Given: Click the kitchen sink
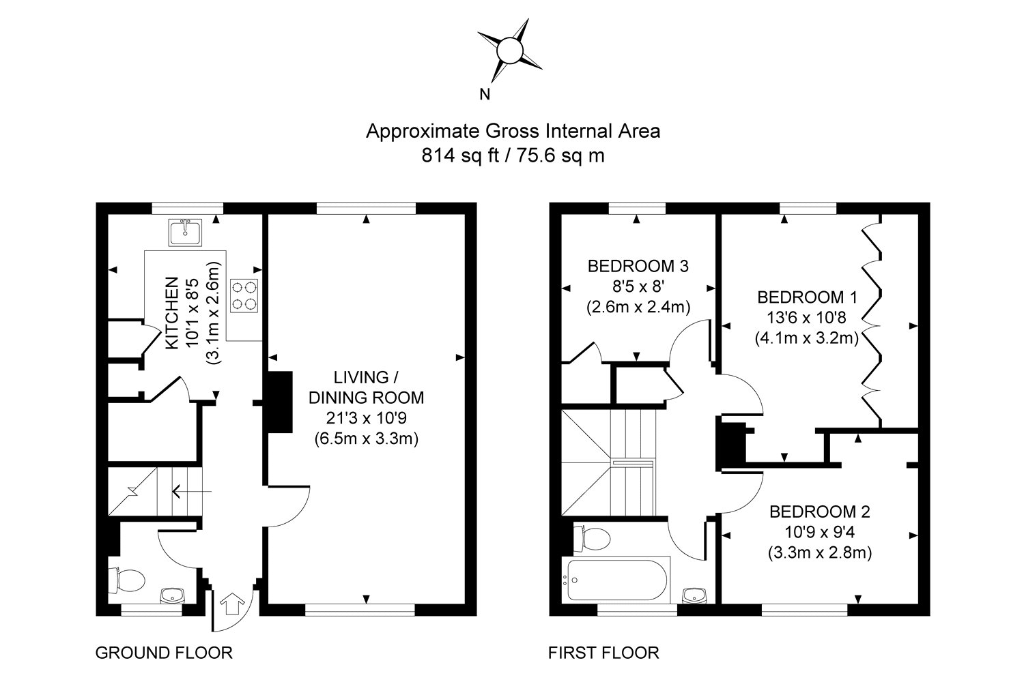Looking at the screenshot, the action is [185, 232].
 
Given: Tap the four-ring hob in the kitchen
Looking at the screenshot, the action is [244, 295].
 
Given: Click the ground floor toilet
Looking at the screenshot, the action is [126, 580].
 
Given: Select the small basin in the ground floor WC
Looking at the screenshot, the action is [172, 595].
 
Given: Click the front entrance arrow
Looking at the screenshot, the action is [232, 604].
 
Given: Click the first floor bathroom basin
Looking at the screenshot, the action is [695, 595].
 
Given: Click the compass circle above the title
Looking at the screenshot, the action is [509, 50].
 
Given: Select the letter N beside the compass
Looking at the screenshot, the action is [485, 95].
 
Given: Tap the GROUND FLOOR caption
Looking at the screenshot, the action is [164, 653].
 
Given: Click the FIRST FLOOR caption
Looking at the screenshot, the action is [603, 653].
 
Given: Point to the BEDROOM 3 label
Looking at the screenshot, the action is [638, 266].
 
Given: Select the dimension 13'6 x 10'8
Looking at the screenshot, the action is [807, 318].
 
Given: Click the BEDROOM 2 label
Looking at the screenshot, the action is [820, 512].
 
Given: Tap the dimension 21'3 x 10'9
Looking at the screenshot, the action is [366, 418].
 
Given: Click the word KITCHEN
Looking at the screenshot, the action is [172, 313].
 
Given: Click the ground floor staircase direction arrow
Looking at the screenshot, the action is [192, 492].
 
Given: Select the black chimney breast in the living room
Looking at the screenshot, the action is [280, 402].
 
